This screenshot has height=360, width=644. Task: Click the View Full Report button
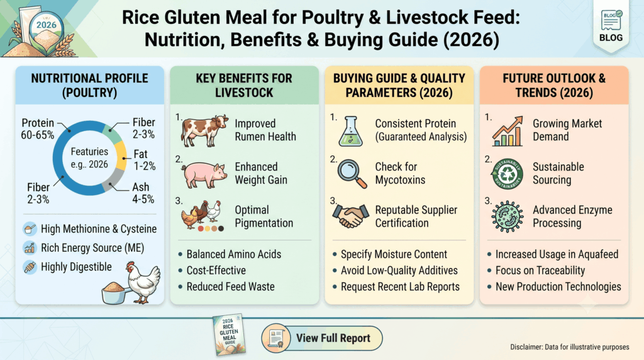[x=322, y=338]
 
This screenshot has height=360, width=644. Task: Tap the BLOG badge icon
[x=611, y=26]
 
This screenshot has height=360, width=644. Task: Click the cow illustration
[x=204, y=131]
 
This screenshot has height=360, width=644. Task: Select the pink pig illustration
[x=204, y=174]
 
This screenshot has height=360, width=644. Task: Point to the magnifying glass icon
[x=352, y=174]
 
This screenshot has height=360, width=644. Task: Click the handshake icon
[x=350, y=216]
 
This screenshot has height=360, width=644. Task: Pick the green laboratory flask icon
[x=350, y=131]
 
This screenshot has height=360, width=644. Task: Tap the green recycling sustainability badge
[x=507, y=174]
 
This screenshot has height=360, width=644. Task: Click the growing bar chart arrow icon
[x=508, y=131]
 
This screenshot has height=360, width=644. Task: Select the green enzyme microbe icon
[x=508, y=217]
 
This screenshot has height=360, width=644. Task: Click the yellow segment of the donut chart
[x=121, y=155]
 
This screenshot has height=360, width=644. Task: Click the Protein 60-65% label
[x=37, y=128]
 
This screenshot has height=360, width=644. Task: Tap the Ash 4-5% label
[x=143, y=193]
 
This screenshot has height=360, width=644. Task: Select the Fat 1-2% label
[x=144, y=160]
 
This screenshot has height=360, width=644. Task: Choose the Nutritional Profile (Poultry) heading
[x=89, y=85]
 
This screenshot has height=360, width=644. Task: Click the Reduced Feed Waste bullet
[x=226, y=286]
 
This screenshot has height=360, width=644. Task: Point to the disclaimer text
[x=569, y=347]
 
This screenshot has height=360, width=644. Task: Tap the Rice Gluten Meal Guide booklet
[x=229, y=334]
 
